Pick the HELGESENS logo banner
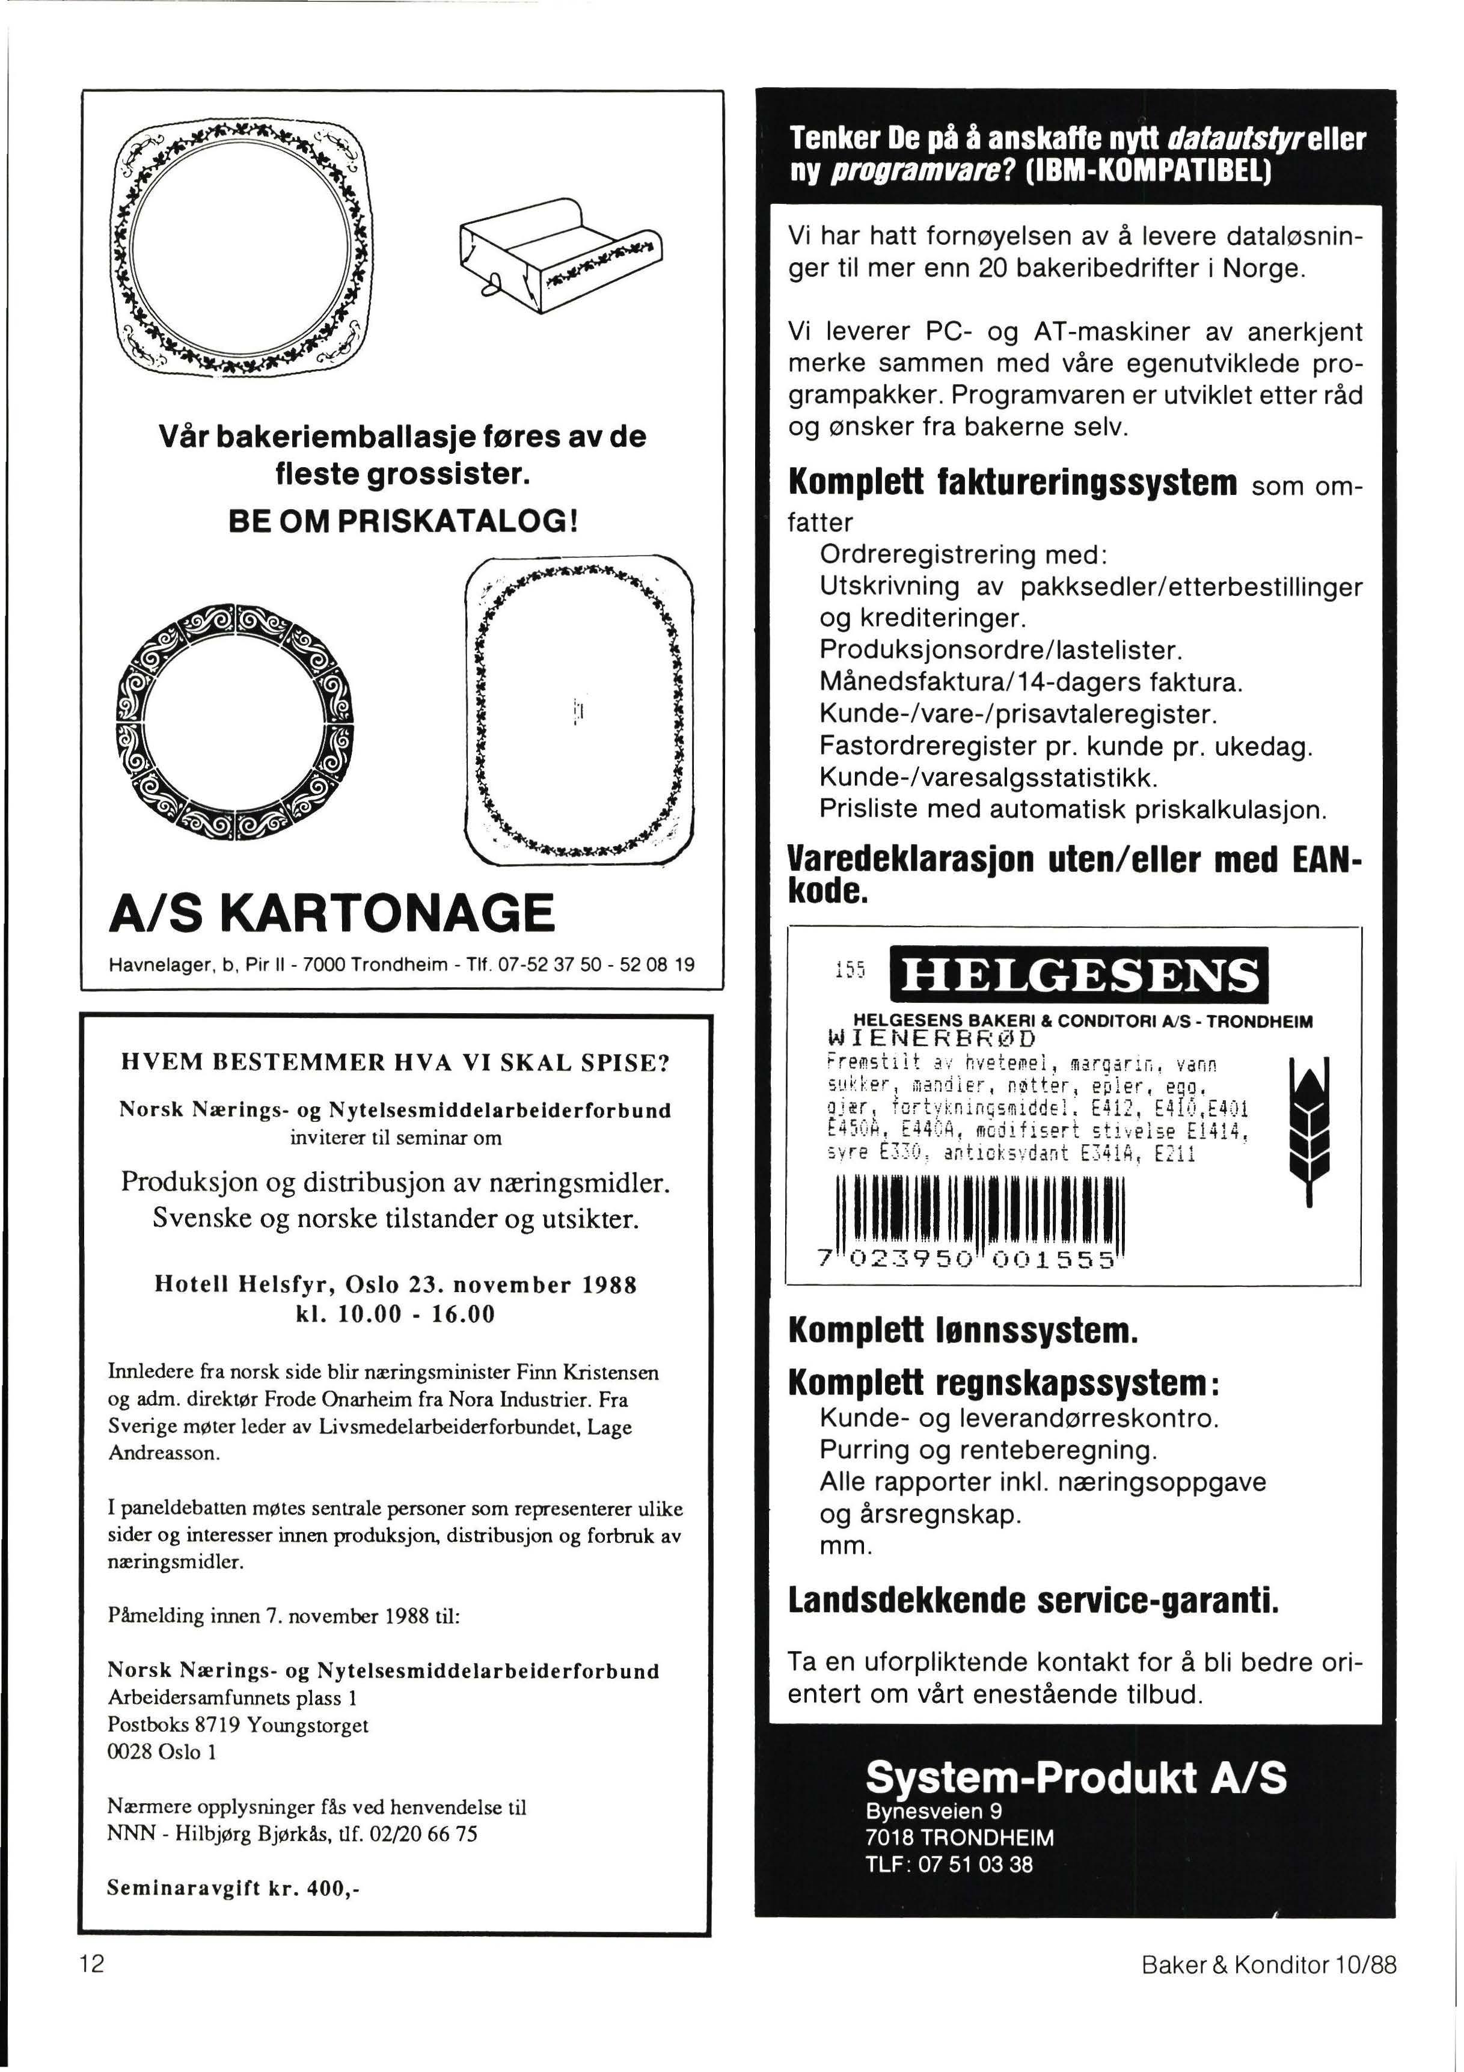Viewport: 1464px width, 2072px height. [x=1077, y=975]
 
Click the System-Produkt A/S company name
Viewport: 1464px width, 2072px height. [x=1076, y=1776]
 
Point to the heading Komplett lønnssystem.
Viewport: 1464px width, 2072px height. [x=962, y=1330]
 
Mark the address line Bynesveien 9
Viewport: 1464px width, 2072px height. [x=933, y=1811]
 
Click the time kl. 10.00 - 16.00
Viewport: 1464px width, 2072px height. [x=396, y=1314]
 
